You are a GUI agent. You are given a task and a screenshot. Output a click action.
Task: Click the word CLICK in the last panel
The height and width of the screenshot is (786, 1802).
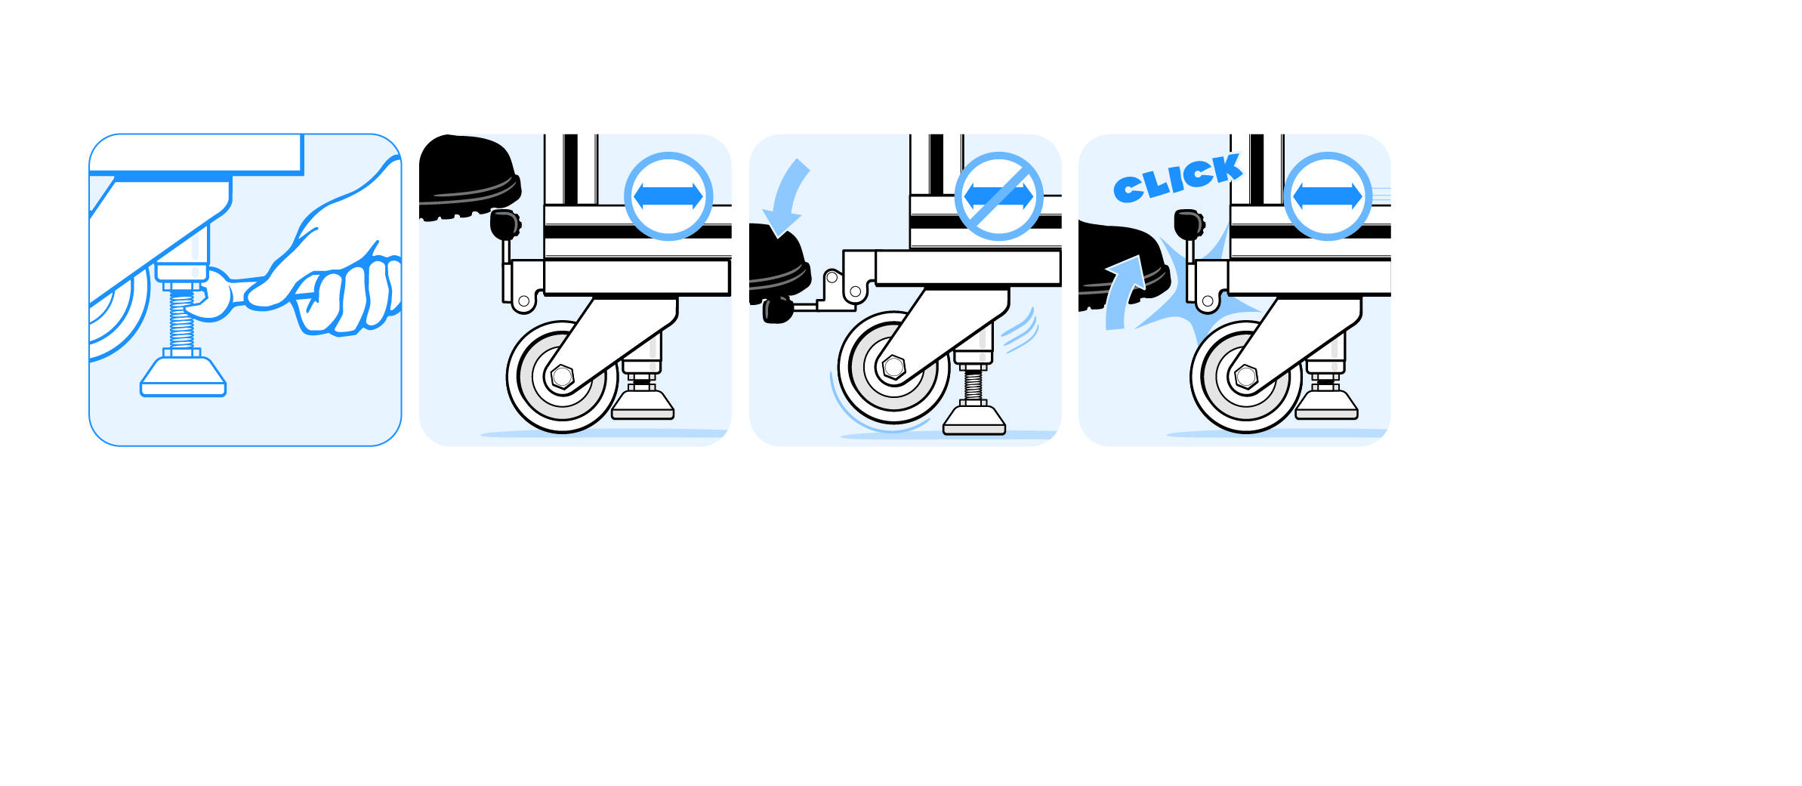(x=1177, y=178)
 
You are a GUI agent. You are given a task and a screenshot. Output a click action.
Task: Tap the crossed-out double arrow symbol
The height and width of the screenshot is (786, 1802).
(x=998, y=196)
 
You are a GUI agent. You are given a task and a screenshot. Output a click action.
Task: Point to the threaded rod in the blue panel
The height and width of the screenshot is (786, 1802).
(x=182, y=320)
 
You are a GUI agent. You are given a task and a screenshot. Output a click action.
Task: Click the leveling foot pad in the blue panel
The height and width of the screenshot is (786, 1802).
(x=183, y=377)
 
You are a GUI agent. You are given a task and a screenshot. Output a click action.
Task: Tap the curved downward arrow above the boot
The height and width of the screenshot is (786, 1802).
(x=786, y=196)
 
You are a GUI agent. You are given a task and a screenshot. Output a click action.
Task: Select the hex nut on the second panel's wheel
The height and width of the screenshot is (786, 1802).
(x=562, y=376)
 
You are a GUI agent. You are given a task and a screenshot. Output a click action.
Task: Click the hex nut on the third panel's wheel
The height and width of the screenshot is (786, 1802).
(x=894, y=367)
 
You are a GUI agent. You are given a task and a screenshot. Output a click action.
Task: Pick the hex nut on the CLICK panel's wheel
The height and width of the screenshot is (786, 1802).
(x=1246, y=376)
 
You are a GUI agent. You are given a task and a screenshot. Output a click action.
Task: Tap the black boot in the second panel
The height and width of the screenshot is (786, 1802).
(x=469, y=177)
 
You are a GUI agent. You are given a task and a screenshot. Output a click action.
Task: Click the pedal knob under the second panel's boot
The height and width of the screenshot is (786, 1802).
(x=504, y=224)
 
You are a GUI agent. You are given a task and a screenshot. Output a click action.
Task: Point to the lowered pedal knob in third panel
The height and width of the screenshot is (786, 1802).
(x=777, y=310)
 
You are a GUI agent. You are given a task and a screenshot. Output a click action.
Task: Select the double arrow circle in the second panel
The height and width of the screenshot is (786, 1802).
(x=668, y=196)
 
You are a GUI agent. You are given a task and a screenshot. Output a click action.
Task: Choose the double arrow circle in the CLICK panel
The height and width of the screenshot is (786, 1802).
(x=1328, y=196)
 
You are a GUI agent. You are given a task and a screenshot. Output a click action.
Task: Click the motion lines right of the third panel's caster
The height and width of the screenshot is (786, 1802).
(x=1020, y=331)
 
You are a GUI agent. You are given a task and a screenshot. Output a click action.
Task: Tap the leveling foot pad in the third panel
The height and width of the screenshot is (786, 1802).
(x=974, y=420)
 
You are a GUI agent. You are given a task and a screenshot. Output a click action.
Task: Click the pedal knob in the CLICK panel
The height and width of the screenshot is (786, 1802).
(x=1189, y=224)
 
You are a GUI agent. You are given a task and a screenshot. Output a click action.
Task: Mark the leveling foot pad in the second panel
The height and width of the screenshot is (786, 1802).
(x=643, y=405)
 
